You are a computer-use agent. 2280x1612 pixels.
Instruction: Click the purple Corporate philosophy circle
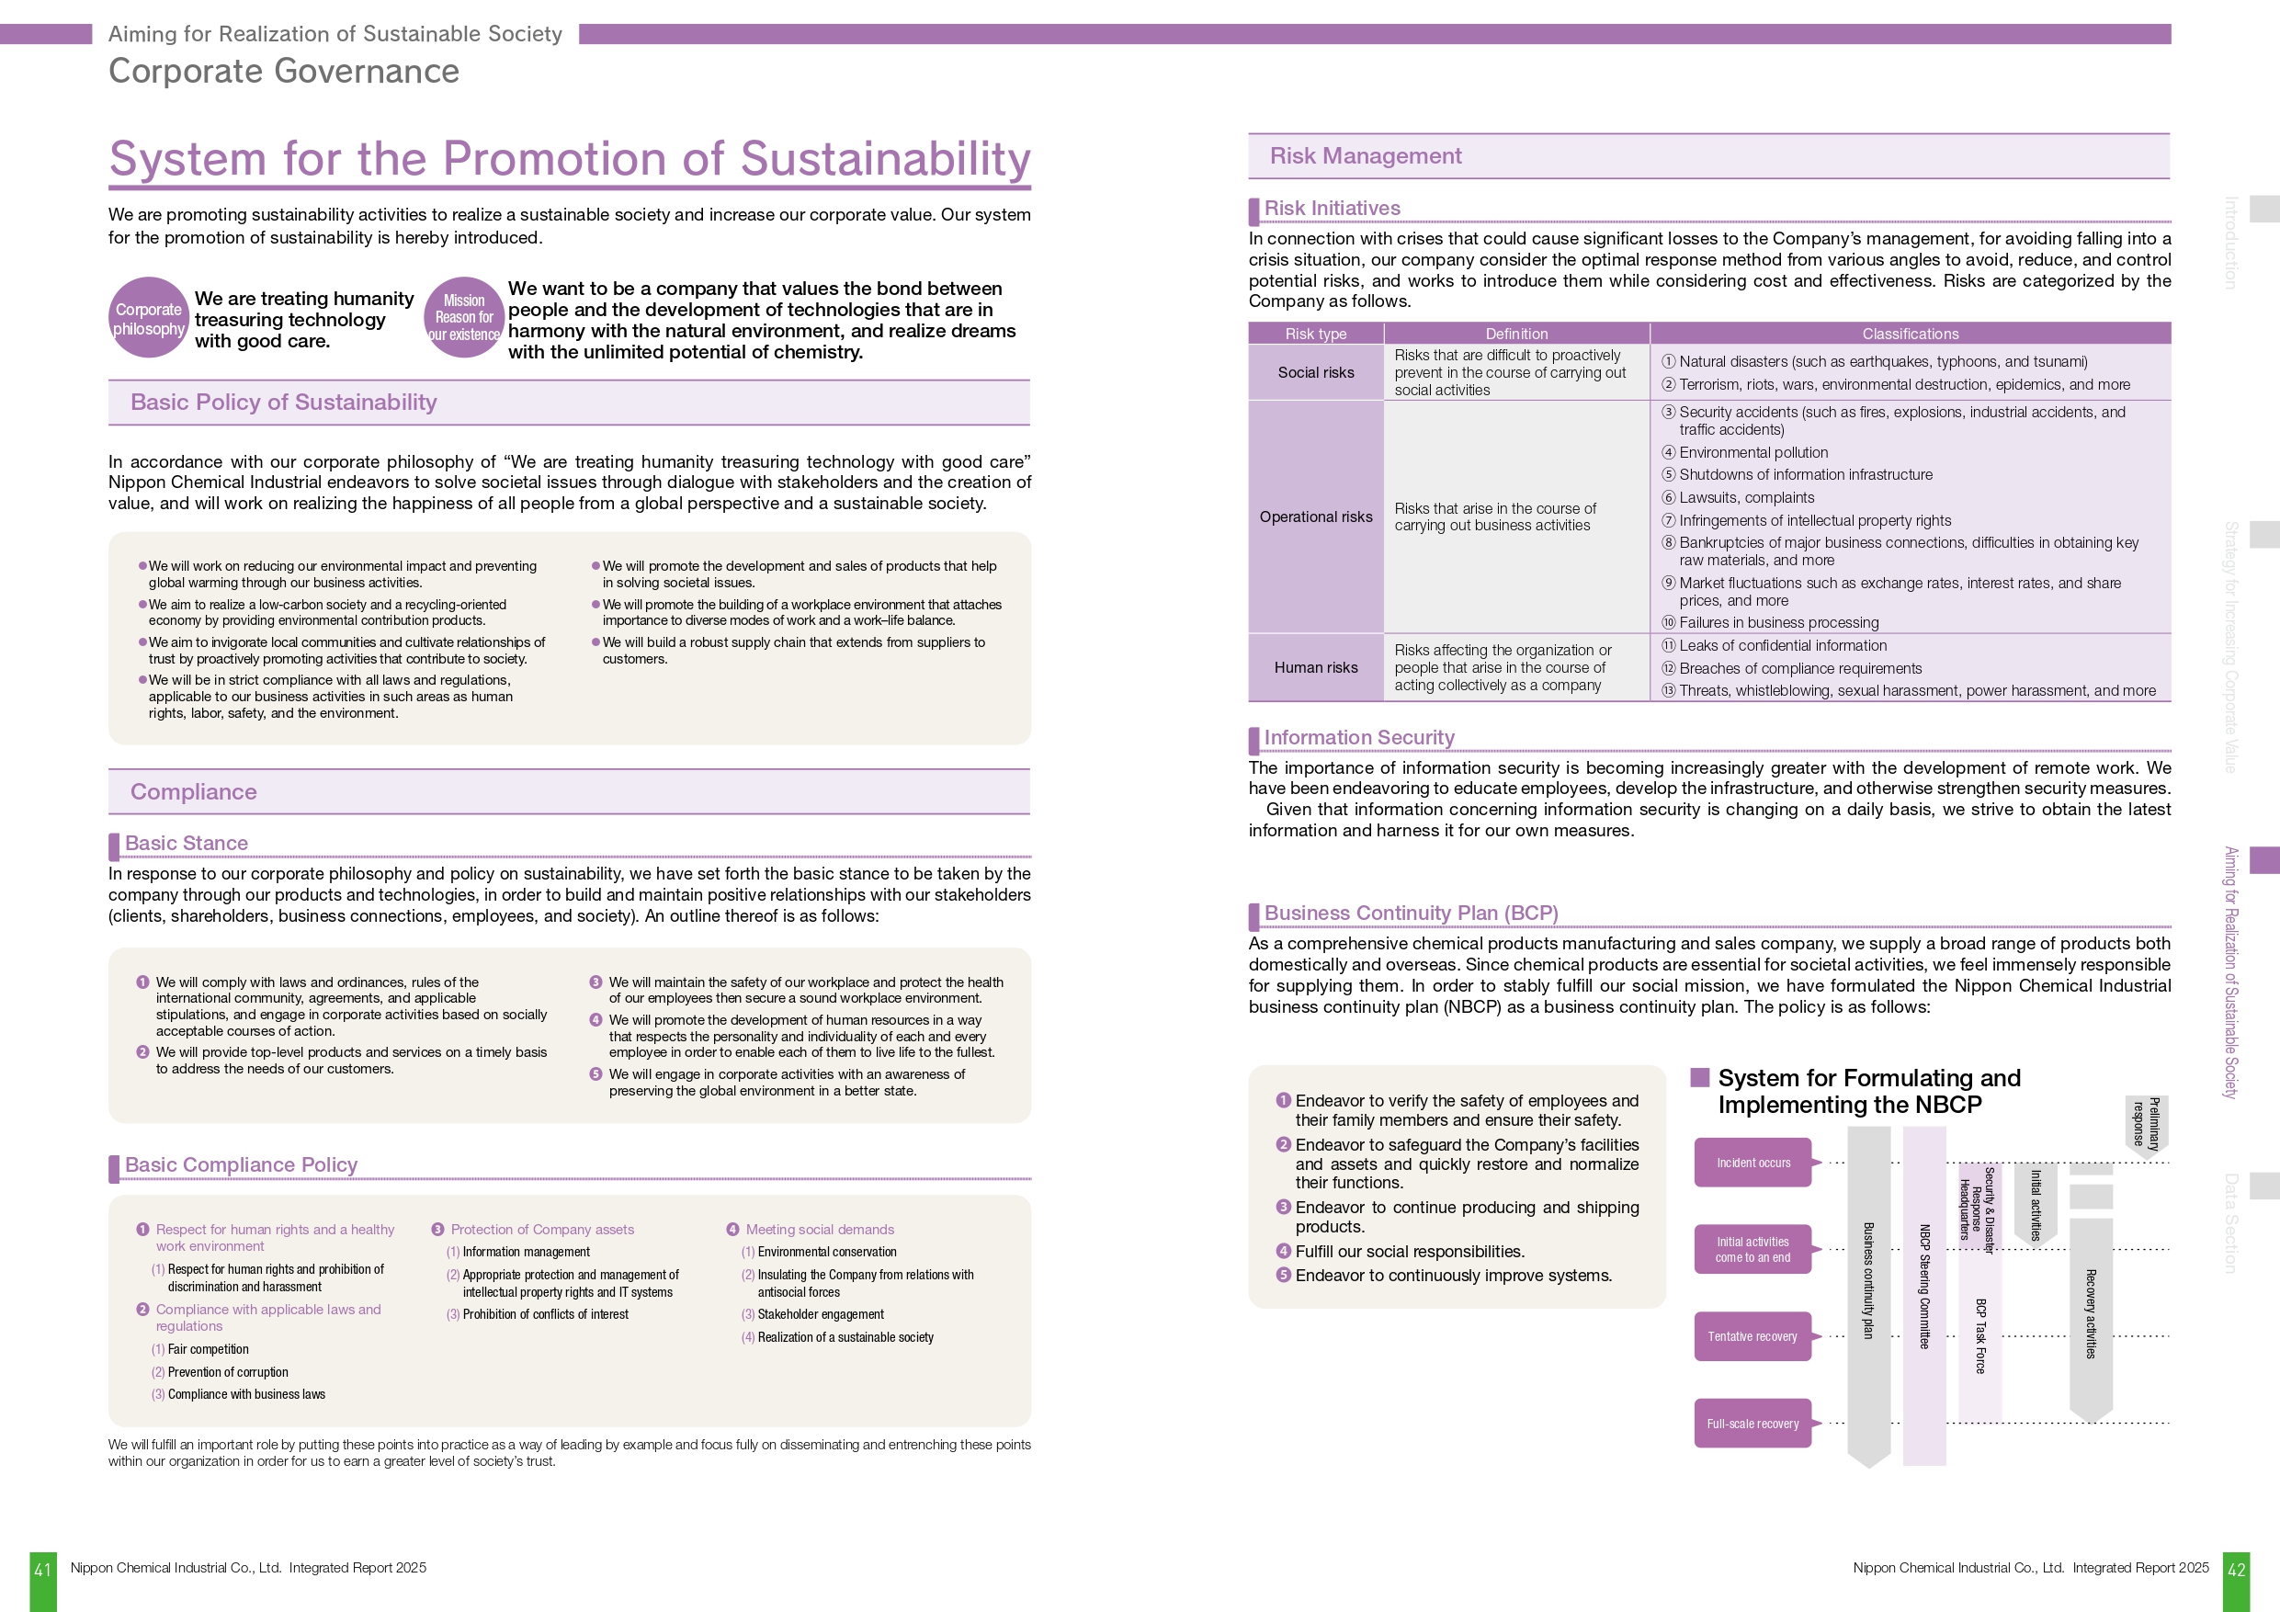pyautogui.click(x=149, y=318)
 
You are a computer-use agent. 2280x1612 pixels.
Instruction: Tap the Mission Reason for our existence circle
pyautogui.click(x=464, y=318)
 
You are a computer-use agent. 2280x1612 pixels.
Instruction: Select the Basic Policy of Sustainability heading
pyautogui.click(x=283, y=403)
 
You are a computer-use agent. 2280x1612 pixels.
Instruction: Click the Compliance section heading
pyautogui.click(x=194, y=791)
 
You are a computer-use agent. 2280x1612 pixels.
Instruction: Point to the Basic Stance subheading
pyautogui.click(x=187, y=844)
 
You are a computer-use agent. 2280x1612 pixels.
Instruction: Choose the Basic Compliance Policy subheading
pyautogui.click(x=242, y=1165)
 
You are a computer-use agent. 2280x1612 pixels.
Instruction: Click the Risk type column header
pyautogui.click(x=1316, y=334)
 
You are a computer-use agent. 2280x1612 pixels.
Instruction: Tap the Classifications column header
pyautogui.click(x=1910, y=334)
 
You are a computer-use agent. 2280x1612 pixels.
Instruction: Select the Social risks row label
pyautogui.click(x=1316, y=372)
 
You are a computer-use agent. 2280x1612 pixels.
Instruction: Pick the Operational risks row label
pyautogui.click(x=1316, y=517)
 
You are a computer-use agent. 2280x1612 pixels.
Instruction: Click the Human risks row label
pyautogui.click(x=1316, y=667)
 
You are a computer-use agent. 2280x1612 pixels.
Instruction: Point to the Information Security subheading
pyautogui.click(x=1358, y=738)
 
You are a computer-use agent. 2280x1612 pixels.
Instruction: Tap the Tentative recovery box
pyautogui.click(x=1753, y=1337)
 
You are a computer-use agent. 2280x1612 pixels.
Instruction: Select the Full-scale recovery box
pyautogui.click(x=1753, y=1425)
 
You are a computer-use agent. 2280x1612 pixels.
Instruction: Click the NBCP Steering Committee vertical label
pyautogui.click(x=1923, y=1287)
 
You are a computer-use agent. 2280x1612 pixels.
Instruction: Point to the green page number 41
pyautogui.click(x=42, y=1571)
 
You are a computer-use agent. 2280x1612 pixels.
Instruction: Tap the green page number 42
pyautogui.click(x=2236, y=1571)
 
